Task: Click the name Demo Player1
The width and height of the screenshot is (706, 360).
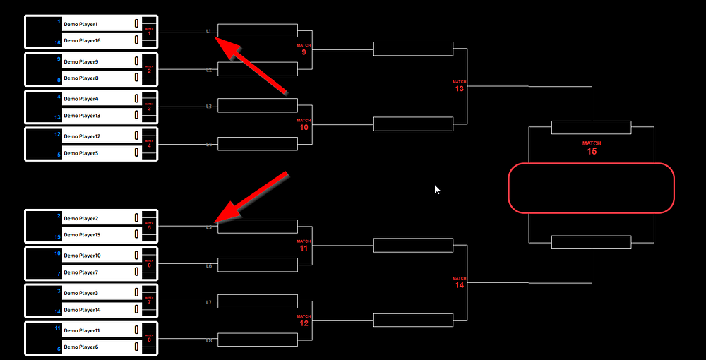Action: coord(80,24)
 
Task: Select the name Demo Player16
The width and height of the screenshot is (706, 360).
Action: coord(82,41)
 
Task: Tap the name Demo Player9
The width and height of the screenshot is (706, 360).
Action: coord(80,61)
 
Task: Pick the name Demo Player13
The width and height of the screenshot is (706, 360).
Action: coord(82,116)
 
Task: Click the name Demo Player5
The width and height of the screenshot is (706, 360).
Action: coord(80,153)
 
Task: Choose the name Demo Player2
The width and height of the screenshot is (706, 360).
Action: coord(80,219)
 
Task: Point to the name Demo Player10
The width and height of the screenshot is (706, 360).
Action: coord(82,256)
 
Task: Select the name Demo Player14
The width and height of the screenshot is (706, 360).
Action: coord(82,310)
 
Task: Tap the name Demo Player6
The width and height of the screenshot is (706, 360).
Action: coord(80,347)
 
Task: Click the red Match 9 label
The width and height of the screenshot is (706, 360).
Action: coord(304,49)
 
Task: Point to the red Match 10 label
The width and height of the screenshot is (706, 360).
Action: coord(304,125)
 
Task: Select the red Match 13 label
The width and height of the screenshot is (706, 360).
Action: coord(460,87)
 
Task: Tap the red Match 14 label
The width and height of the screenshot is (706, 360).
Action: coord(460,283)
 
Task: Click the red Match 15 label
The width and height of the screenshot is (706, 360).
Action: coord(592,148)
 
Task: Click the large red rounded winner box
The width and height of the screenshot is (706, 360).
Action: coord(592,188)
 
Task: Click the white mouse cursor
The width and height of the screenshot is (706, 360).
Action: coord(437,189)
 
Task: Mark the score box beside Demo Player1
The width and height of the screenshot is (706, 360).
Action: coord(136,24)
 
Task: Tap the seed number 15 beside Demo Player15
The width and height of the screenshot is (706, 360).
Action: coord(58,236)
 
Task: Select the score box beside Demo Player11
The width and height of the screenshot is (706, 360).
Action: coord(136,330)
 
